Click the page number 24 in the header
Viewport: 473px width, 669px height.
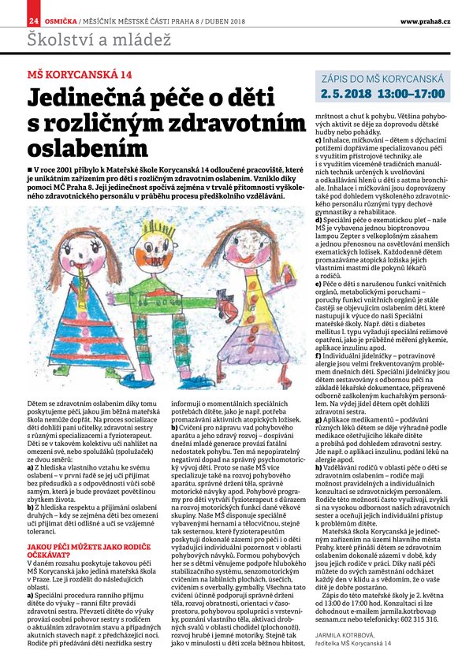coord(34,18)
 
